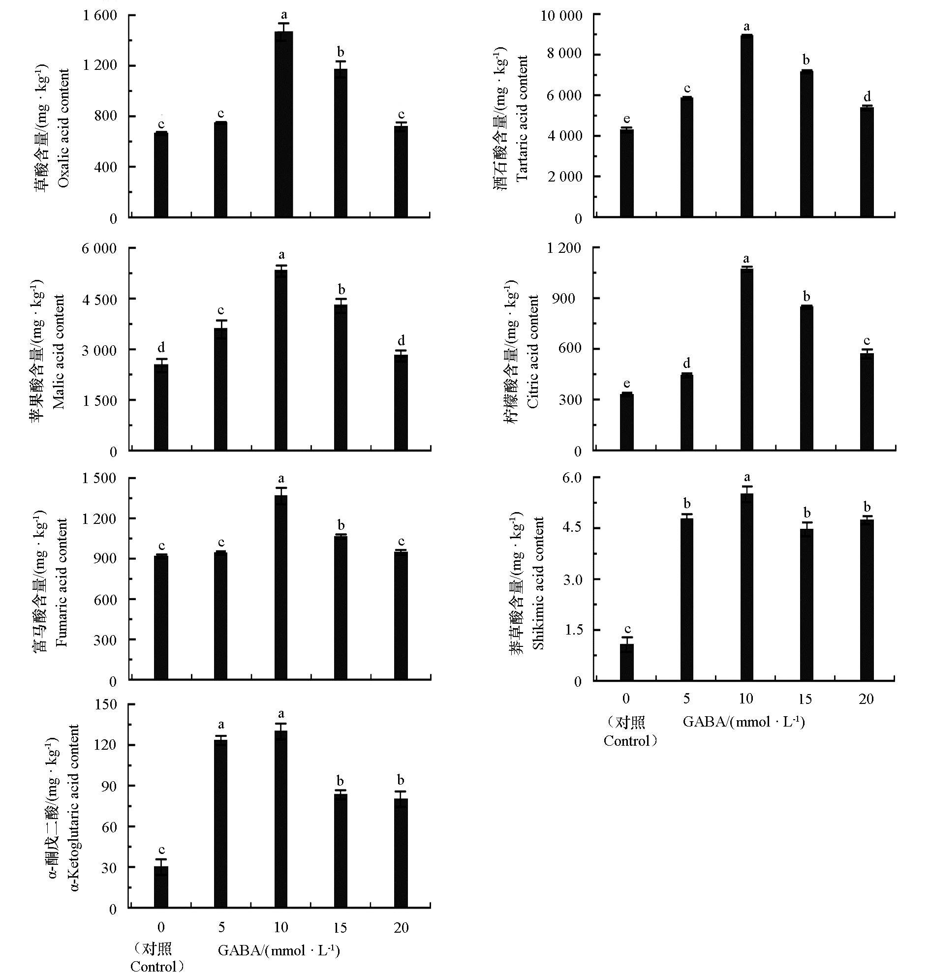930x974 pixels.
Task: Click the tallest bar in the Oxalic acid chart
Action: (x=283, y=124)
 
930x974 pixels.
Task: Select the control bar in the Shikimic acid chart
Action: (x=626, y=662)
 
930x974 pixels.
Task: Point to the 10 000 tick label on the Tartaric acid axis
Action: (x=561, y=16)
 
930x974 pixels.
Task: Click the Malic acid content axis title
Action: (x=59, y=351)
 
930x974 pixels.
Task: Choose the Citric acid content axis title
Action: (x=533, y=351)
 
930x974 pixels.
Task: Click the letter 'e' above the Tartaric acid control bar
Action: (x=626, y=119)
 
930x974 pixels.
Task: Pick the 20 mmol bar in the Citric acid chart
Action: (x=867, y=401)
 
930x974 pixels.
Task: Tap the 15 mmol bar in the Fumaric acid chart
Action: (x=341, y=608)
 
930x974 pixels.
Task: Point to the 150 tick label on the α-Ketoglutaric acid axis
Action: (x=106, y=704)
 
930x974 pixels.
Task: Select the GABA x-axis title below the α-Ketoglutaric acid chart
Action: (x=279, y=950)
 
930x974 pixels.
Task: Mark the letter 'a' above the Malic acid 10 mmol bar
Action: (x=281, y=255)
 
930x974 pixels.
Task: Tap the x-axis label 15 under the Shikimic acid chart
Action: (x=805, y=699)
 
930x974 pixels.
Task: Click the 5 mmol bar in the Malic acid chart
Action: (x=220, y=389)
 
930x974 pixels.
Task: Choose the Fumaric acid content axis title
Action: (x=62, y=582)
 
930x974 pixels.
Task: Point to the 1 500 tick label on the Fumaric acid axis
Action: (x=99, y=478)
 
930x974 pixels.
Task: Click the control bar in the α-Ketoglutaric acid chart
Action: (x=161, y=887)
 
